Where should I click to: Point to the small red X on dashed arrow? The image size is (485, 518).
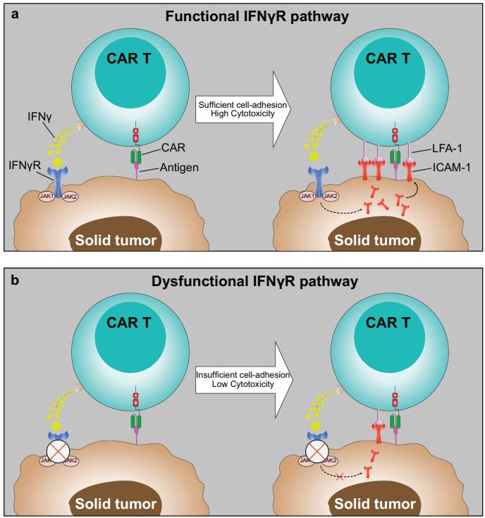tap(340, 477)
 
